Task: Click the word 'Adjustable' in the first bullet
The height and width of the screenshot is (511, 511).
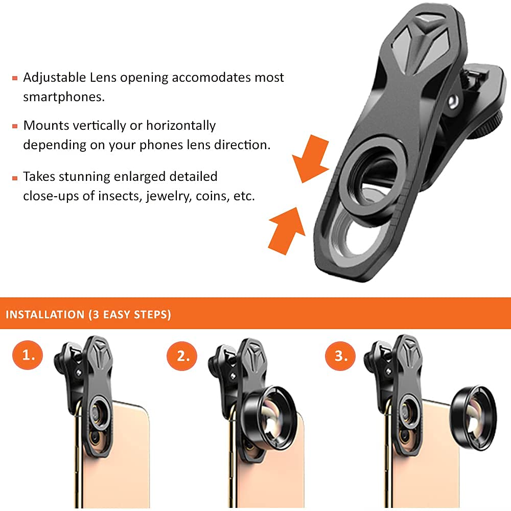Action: (54, 78)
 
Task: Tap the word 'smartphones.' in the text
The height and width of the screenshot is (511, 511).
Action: (64, 97)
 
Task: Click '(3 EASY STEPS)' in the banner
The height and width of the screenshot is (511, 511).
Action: (129, 314)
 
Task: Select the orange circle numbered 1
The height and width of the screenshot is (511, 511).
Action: (30, 355)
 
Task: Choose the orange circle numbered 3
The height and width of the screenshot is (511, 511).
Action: (341, 356)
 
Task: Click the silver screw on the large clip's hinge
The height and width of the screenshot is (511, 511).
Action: (453, 101)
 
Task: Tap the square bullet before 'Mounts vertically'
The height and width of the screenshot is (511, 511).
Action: (15, 126)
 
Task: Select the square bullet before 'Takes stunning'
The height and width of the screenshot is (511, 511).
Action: (15, 177)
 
